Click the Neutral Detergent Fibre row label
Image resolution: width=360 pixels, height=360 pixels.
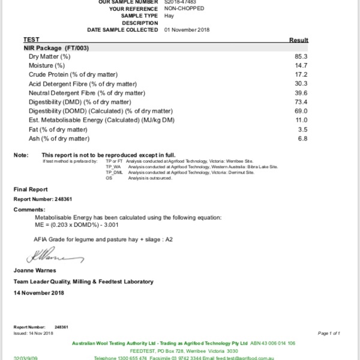pyautogui.click(x=86, y=93)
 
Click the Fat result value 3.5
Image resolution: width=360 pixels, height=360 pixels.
pyautogui.click(x=302, y=130)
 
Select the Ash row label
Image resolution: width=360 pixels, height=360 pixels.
pyautogui.click(x=59, y=139)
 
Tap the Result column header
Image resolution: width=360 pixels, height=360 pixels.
pyautogui.click(x=298, y=40)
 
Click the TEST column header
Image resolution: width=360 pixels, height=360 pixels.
pyautogui.click(x=31, y=39)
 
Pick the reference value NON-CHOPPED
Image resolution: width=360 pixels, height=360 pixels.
pyautogui.click(x=184, y=9)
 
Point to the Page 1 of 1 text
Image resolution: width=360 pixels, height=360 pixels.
pyautogui.click(x=329, y=333)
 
